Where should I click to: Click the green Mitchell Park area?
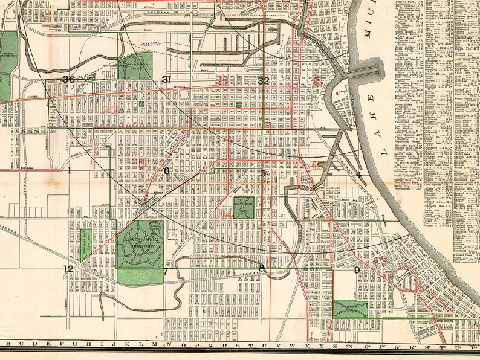click(x=134, y=66)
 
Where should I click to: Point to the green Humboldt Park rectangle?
click(x=350, y=309)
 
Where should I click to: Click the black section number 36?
click(x=68, y=80)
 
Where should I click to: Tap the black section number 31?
click(x=167, y=80)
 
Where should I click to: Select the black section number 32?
click(x=263, y=80)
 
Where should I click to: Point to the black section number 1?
click(x=69, y=170)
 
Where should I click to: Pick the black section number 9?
click(x=357, y=269)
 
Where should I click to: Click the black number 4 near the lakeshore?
click(x=358, y=175)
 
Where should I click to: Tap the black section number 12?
click(x=68, y=269)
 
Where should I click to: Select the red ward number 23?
click(x=111, y=110)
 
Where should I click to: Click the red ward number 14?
click(x=226, y=214)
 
